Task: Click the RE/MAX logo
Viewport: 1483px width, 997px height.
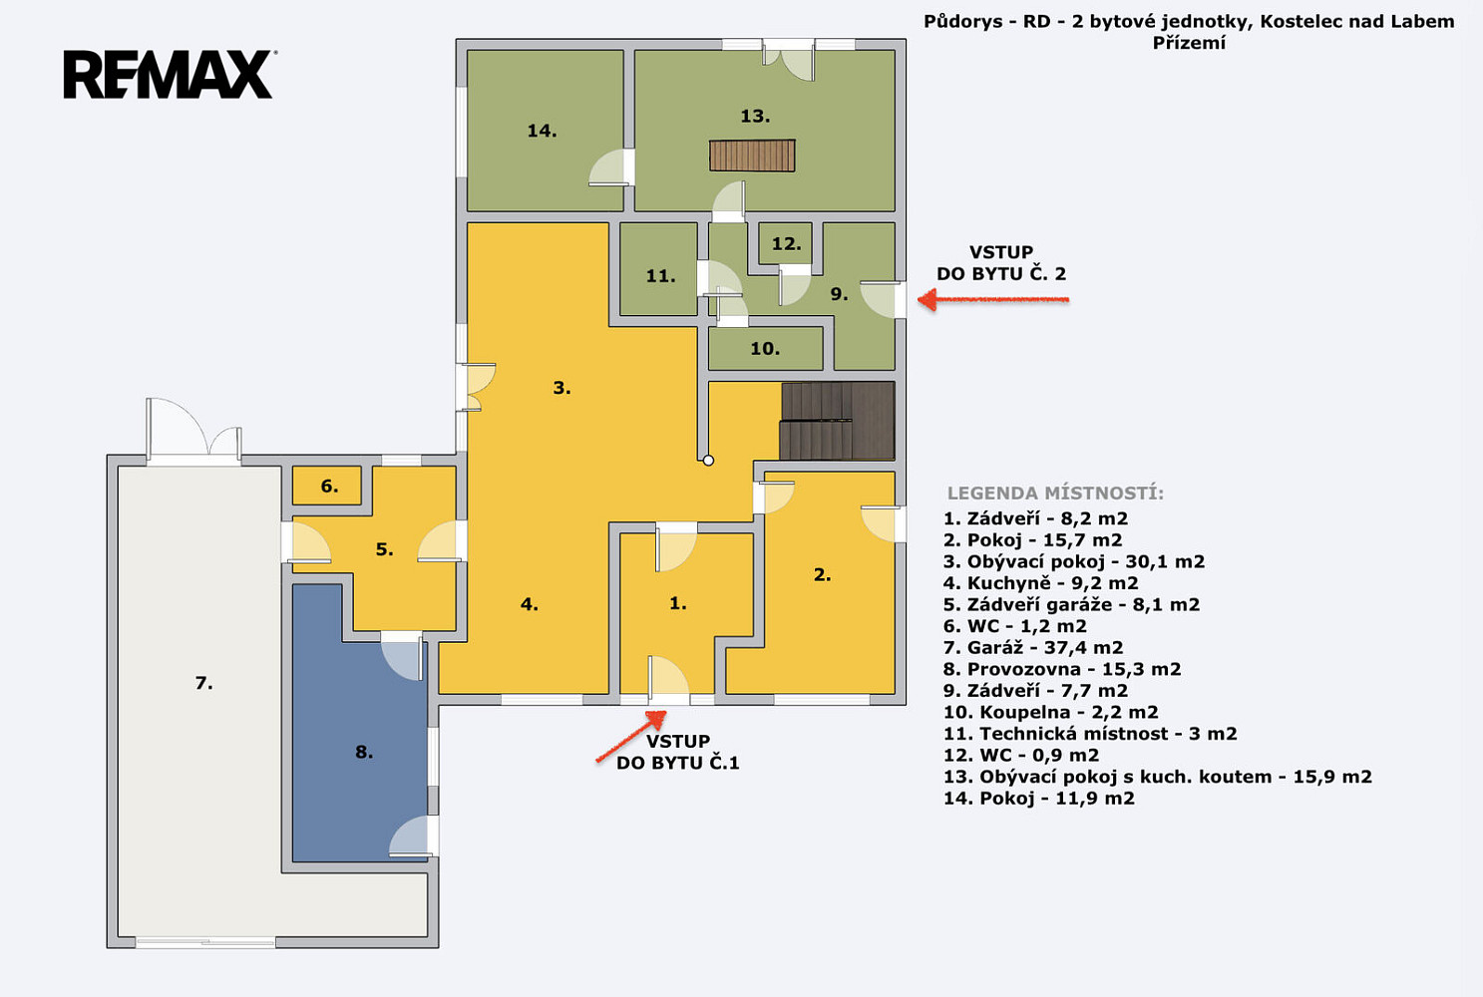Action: coord(169,74)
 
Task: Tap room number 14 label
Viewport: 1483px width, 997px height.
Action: coord(542,131)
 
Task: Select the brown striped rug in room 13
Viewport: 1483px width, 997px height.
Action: coord(752,156)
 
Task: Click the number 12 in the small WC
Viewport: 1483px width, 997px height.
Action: coord(786,243)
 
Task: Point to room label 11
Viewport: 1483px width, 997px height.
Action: coord(661,276)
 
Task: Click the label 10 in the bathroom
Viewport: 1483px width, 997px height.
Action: coord(765,348)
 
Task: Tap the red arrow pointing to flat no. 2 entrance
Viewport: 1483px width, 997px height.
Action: coord(993,300)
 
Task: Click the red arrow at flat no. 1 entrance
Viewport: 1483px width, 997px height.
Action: coord(631,736)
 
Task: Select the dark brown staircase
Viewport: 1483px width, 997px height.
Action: coord(838,421)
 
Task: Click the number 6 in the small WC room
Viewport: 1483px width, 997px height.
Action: coord(329,487)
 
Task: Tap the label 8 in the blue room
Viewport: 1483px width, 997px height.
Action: coord(363,752)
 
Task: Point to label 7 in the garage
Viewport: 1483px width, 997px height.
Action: coord(203,683)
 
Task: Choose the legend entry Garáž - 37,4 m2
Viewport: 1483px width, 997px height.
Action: coord(1033,647)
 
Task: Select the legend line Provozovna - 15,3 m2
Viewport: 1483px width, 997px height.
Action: coord(1062,669)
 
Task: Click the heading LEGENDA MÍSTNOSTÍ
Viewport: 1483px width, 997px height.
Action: coord(1055,494)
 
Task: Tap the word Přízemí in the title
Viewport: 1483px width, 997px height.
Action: coord(1189,43)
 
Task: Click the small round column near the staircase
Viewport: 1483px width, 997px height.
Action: coord(708,461)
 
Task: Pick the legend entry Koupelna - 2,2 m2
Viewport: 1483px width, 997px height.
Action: coord(1051,712)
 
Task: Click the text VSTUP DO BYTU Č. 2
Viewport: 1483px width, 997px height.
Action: coord(1001,263)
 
